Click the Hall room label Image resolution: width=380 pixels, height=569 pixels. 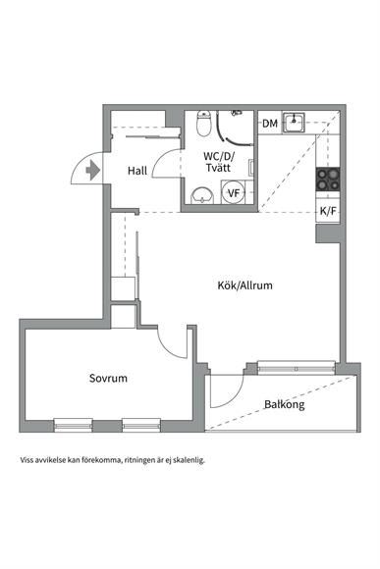tap(137, 170)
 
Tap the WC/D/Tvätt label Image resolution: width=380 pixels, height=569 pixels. tap(219, 162)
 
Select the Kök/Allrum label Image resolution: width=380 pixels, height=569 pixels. tap(244, 285)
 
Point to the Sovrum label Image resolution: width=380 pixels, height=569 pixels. tap(108, 378)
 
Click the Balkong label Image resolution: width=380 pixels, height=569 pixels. tap(285, 404)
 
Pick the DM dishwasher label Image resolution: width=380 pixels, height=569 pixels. tap(270, 124)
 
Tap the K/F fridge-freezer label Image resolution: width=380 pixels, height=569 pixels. tap(328, 211)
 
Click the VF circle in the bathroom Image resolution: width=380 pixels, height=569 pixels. tap(234, 192)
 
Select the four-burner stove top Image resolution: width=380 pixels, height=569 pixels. tap(328, 180)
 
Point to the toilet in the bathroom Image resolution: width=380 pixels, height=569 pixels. tap(204, 124)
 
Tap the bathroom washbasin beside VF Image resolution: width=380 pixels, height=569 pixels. tap(201, 195)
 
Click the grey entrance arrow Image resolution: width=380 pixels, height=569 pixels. tap(92, 170)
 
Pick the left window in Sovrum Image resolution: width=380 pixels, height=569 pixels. tap(74, 425)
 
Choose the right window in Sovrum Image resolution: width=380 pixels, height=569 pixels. tap(141, 425)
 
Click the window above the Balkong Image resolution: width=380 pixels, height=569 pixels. tap(297, 367)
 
